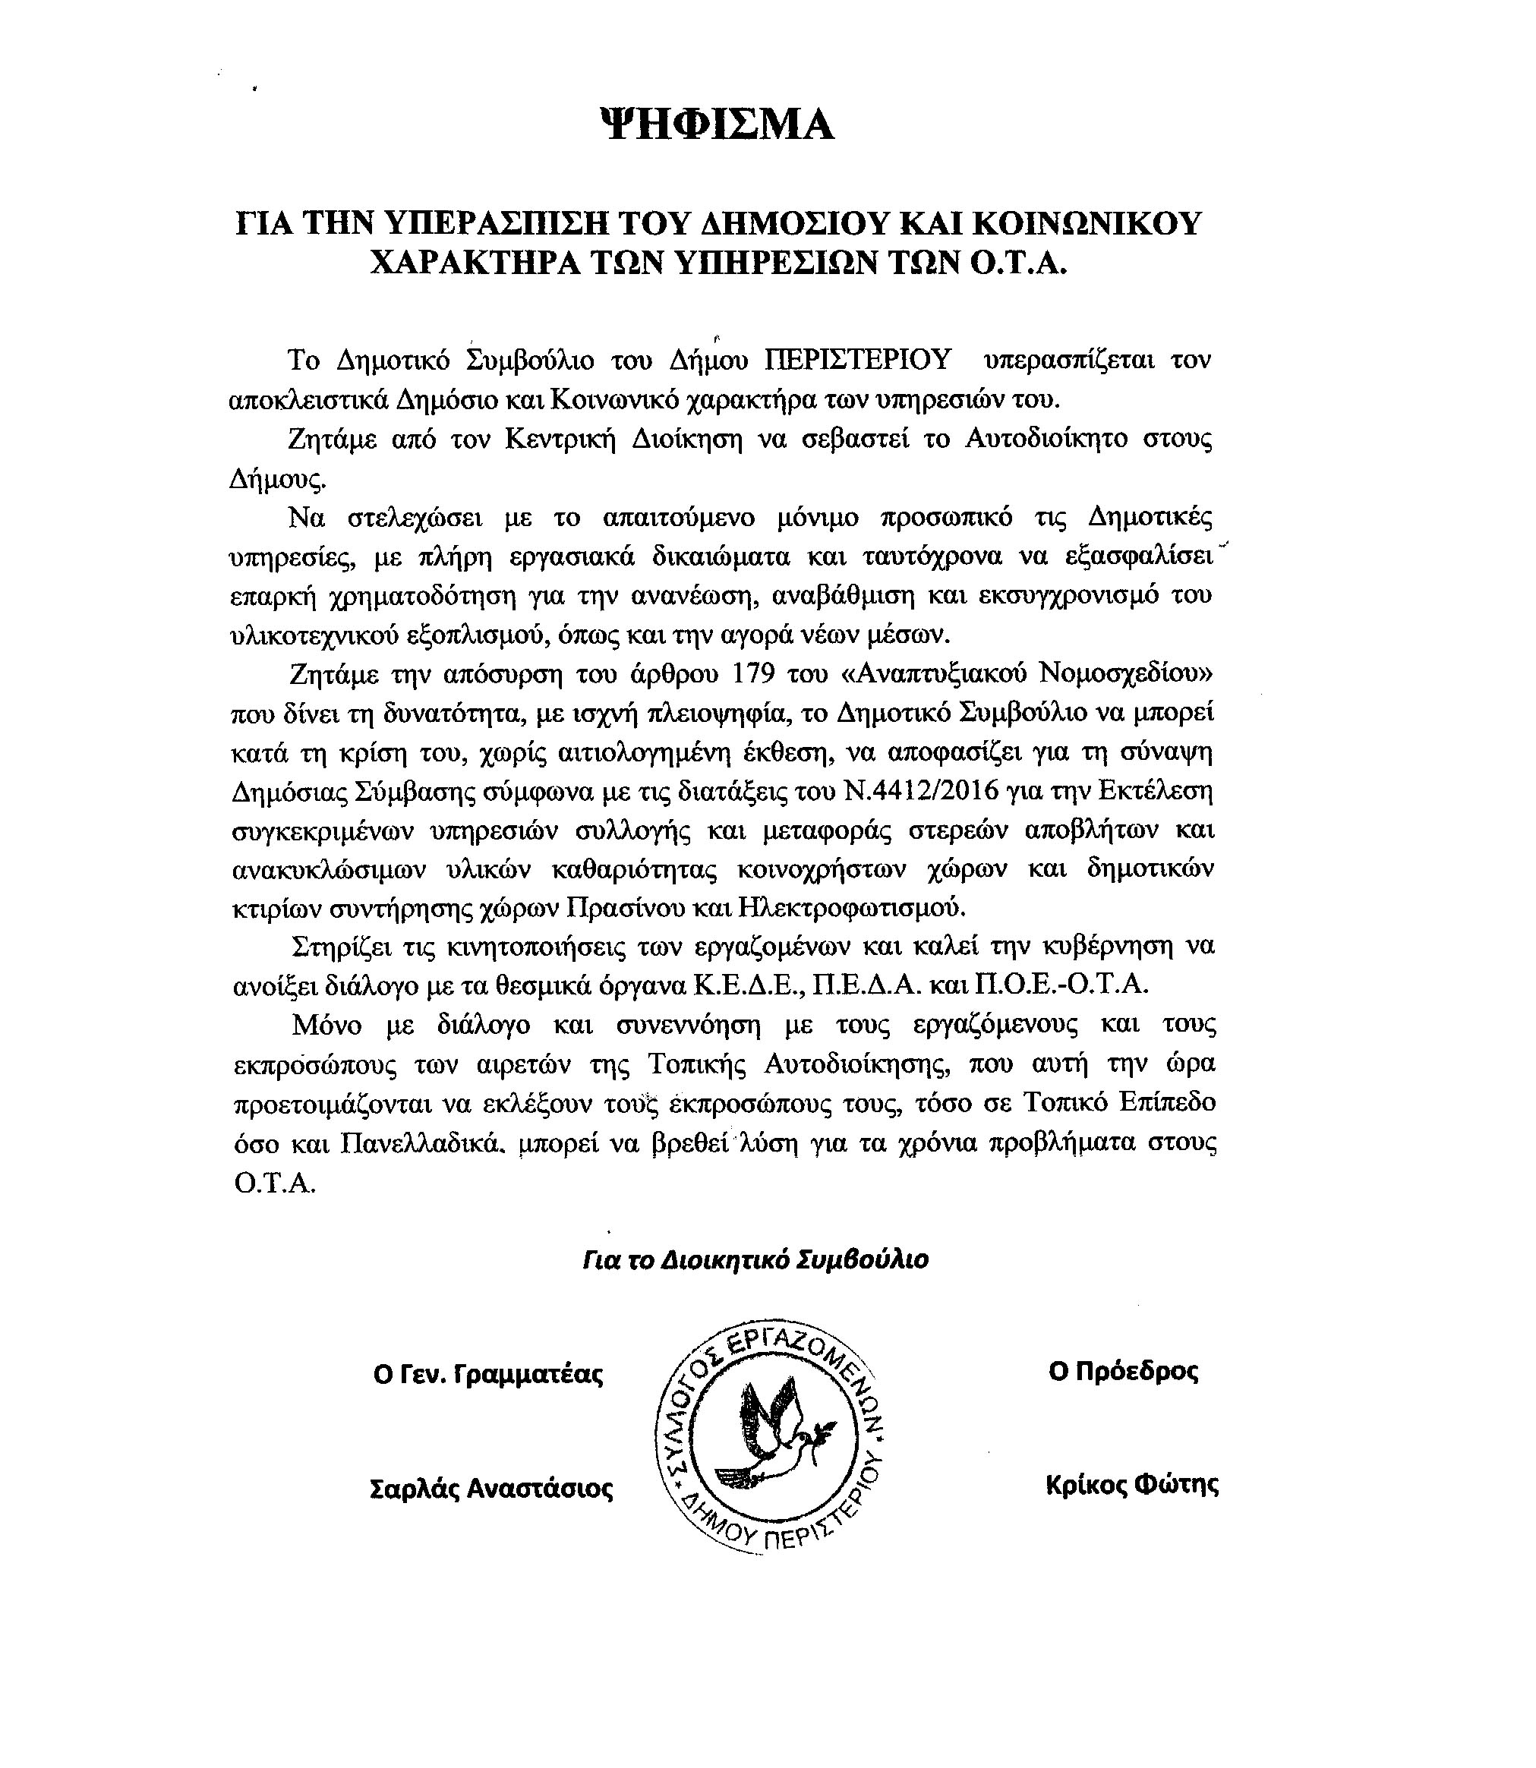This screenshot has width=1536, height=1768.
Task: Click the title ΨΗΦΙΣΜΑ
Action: tap(717, 125)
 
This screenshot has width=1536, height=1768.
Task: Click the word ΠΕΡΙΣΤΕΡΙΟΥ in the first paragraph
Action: tap(858, 359)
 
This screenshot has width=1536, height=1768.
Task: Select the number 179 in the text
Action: tap(754, 673)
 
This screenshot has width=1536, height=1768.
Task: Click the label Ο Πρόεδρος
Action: tap(1123, 1372)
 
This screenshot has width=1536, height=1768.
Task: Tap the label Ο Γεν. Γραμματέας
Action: tap(488, 1375)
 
